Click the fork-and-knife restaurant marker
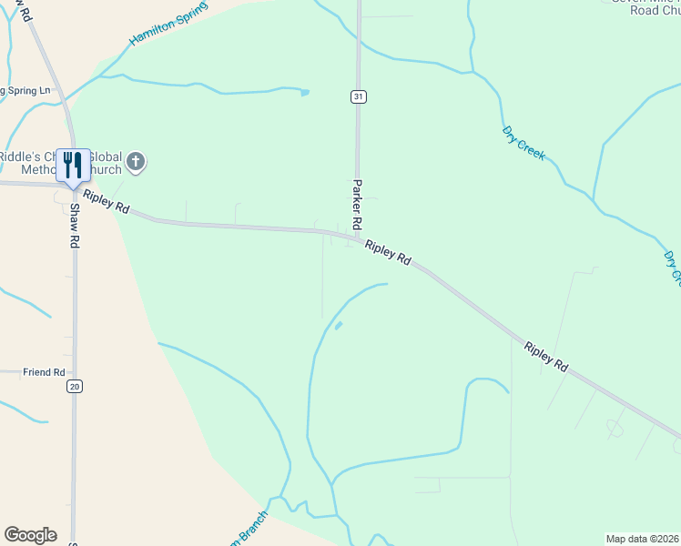coord(73,165)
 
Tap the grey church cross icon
coord(136,163)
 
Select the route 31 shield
coord(359,96)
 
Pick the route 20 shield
coord(75,387)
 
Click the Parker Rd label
coord(358,204)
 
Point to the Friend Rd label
coord(44,372)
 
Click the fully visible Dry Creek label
coord(523,143)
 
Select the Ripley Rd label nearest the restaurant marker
coord(106,202)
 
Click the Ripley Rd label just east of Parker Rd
coord(388,252)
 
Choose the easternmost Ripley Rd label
coord(546,356)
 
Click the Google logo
coord(30,535)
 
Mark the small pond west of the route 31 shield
coord(304,92)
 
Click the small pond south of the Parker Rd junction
coord(339,325)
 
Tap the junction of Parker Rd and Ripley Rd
coord(357,240)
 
